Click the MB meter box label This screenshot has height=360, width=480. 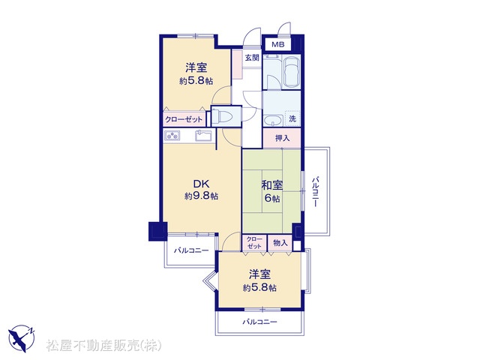[278, 45]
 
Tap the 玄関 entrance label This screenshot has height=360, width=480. [252, 58]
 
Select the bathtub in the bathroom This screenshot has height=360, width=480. [291, 72]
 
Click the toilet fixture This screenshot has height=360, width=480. [223, 116]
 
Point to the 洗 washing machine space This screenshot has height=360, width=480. [292, 118]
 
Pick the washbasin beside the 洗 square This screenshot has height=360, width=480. [273, 121]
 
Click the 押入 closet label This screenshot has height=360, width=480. [282, 138]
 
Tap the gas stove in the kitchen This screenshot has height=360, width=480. [172, 135]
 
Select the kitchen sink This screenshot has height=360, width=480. [204, 135]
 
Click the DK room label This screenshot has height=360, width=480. [201, 184]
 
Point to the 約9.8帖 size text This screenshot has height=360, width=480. [201, 196]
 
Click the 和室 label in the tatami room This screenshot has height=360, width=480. [271, 185]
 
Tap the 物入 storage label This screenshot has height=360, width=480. [280, 243]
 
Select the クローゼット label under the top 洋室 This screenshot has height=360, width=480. [184, 119]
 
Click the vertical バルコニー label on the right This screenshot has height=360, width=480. [316, 192]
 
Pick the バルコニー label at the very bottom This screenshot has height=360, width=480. [260, 322]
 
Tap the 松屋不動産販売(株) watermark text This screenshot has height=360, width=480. [103, 346]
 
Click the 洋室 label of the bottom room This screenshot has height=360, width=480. [259, 274]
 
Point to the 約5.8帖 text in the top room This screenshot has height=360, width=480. [196, 81]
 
